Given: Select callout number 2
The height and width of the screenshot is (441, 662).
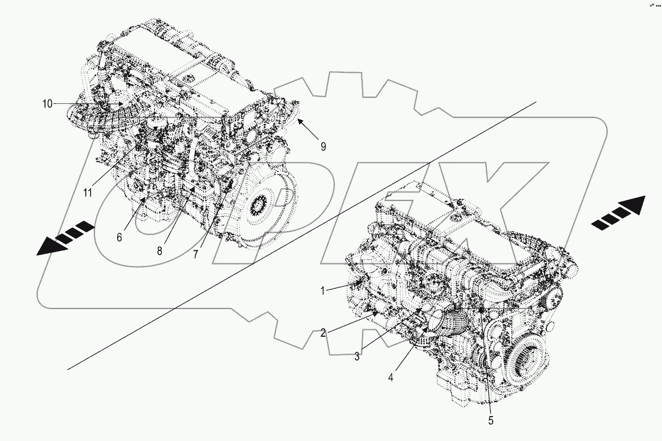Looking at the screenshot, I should coord(323,333).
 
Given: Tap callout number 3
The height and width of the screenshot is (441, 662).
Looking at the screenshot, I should coord(357,356).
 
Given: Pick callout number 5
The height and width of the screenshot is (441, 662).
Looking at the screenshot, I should coord(491,420).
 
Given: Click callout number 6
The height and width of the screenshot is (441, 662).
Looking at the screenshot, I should coord(119,237).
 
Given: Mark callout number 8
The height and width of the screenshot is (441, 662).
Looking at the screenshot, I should coord(159,251).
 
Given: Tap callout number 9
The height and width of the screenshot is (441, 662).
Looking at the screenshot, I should coord(323,146).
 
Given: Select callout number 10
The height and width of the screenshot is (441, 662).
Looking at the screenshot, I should coord(48,103).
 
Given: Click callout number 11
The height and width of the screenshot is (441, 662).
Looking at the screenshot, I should coord(88,192).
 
